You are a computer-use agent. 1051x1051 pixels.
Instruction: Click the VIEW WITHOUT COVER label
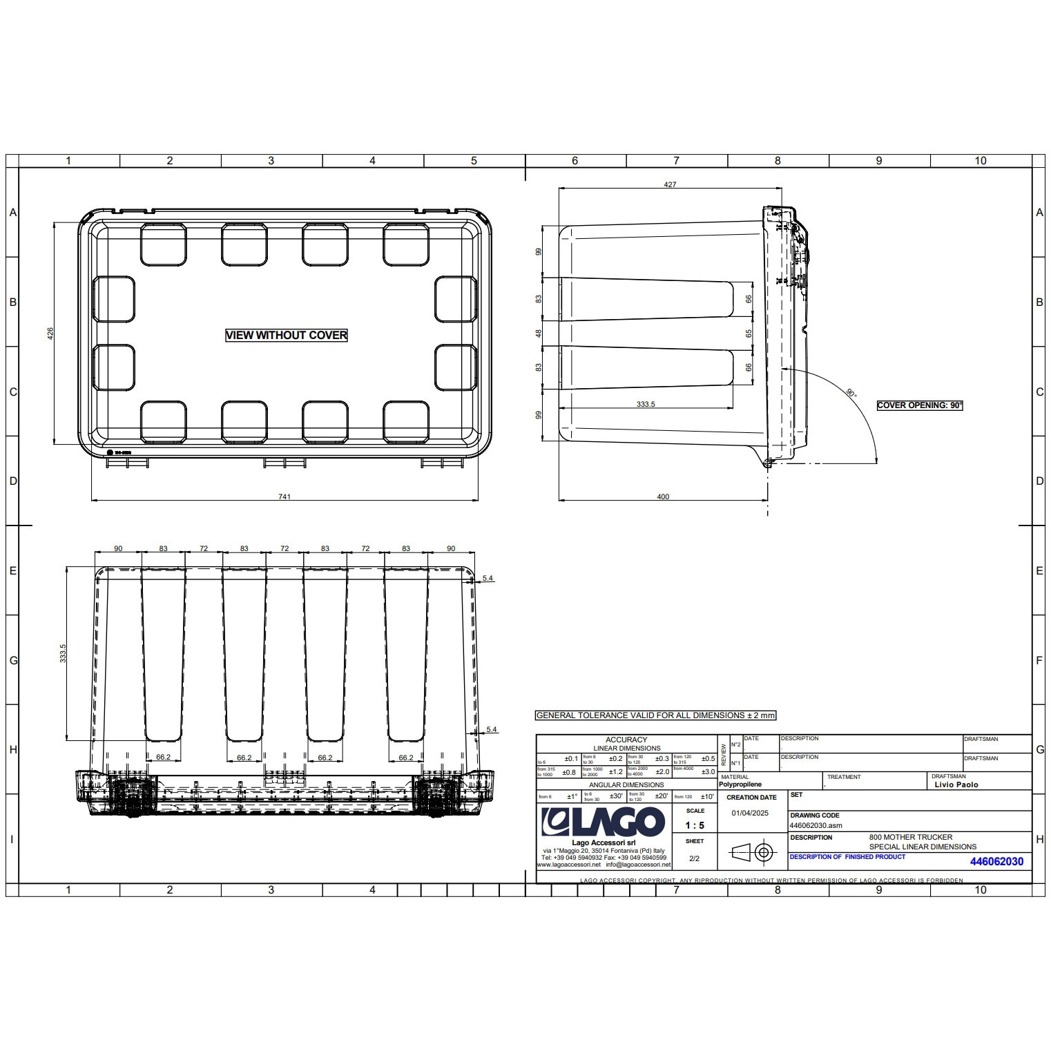coord(286,335)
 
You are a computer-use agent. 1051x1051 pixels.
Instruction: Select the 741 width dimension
coord(285,496)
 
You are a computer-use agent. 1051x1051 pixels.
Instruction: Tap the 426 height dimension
coord(50,334)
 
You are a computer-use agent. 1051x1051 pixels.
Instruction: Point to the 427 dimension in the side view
coord(670,184)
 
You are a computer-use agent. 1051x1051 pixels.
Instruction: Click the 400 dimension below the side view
coord(663,496)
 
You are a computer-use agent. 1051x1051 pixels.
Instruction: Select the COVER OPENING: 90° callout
coord(919,405)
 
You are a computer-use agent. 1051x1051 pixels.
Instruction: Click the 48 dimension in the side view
coord(539,334)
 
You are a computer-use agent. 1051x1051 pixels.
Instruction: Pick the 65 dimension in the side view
coord(749,334)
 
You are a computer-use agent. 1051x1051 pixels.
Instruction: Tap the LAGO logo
coord(602,822)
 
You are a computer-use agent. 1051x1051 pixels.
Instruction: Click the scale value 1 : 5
coord(695,825)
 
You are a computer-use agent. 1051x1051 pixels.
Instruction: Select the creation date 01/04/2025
coord(750,813)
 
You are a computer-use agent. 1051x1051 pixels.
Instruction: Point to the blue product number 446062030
coord(996,861)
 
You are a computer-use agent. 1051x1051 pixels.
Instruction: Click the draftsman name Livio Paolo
coord(956,784)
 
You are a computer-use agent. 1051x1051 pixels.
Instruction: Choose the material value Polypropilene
coord(740,784)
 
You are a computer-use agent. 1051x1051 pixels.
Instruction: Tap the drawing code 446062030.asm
coord(816,825)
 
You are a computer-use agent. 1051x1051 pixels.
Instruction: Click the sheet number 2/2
coord(694,858)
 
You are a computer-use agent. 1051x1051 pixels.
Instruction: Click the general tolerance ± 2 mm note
coord(656,715)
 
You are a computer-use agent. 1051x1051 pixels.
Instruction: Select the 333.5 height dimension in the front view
coord(63,653)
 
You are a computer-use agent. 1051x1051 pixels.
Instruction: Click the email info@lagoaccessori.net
coord(638,864)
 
